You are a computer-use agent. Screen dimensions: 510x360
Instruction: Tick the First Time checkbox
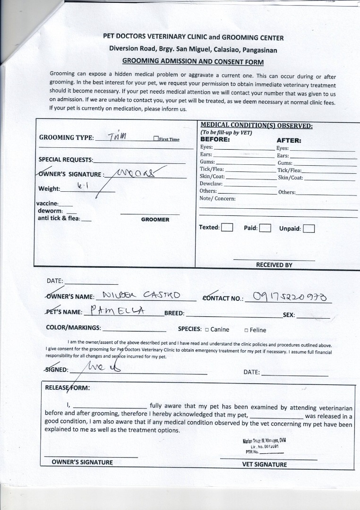coord(156,139)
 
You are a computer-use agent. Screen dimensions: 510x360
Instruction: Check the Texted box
coord(227,227)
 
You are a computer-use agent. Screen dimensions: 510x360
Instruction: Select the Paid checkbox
coord(265,229)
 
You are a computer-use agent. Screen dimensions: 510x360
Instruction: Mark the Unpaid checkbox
coord(309,229)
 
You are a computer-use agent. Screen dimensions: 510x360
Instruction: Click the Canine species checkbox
coord(207,330)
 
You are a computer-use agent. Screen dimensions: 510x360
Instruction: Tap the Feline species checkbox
coord(247,331)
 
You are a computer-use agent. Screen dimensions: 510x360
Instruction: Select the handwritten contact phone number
coord(292,297)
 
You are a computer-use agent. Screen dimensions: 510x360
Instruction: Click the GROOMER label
coord(155,220)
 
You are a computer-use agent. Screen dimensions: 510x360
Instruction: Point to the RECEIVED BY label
coord(274,265)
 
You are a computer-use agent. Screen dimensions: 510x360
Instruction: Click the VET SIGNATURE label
coord(265,464)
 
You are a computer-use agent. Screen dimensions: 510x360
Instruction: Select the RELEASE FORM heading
coord(67,388)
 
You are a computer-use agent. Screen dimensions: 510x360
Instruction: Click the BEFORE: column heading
coord(215,140)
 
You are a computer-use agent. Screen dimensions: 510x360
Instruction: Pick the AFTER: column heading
coord(289,140)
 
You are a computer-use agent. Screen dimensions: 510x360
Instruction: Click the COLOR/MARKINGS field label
coord(73,327)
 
